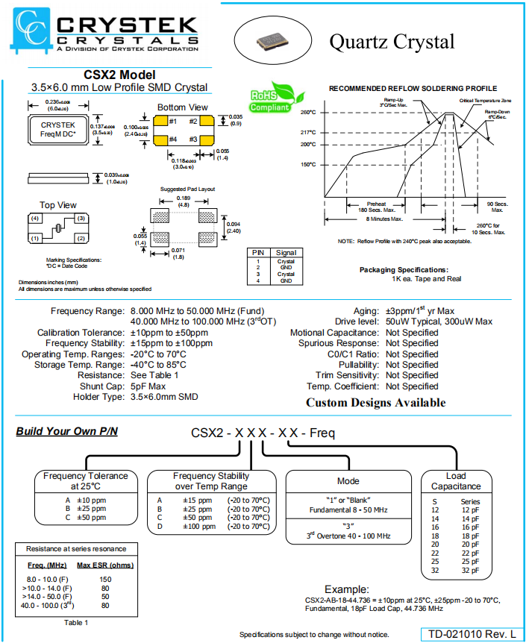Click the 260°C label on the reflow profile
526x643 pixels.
[x=308, y=113]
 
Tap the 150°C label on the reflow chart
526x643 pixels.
[x=308, y=164]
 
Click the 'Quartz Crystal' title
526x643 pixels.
[x=392, y=41]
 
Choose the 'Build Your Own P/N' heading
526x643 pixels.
[x=66, y=431]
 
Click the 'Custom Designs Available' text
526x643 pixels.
[x=375, y=403]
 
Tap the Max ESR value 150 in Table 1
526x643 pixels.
[x=104, y=579]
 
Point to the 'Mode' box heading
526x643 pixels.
[x=348, y=481]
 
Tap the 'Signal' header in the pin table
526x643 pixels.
[x=285, y=253]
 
